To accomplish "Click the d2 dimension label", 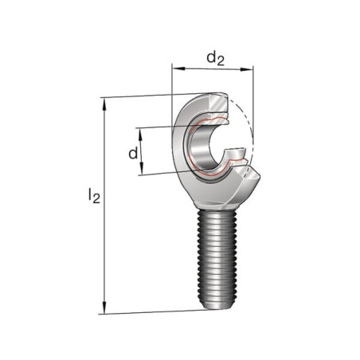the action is pyautogui.click(x=216, y=59).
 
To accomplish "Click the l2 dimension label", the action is pyautogui.click(x=94, y=196).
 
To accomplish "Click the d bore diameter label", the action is pyautogui.click(x=133, y=153).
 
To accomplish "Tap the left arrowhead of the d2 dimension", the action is pyautogui.click(x=178, y=68).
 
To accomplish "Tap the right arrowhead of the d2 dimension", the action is pyautogui.click(x=247, y=69).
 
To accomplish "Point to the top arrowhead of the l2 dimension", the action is pyautogui.click(x=104, y=104).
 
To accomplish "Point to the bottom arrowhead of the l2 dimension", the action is pyautogui.click(x=104, y=307).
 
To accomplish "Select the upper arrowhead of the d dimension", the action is pyautogui.click(x=141, y=134).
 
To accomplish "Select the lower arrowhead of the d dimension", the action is pyautogui.click(x=142, y=169).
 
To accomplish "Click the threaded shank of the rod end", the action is pyautogui.click(x=217, y=256).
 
